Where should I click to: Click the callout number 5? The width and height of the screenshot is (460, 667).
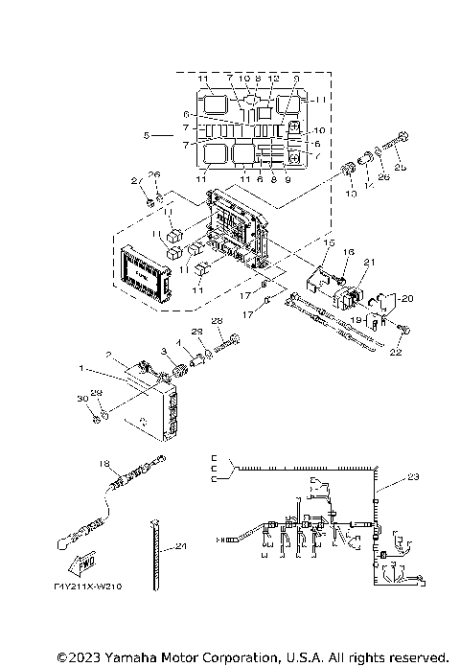click(146, 136)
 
